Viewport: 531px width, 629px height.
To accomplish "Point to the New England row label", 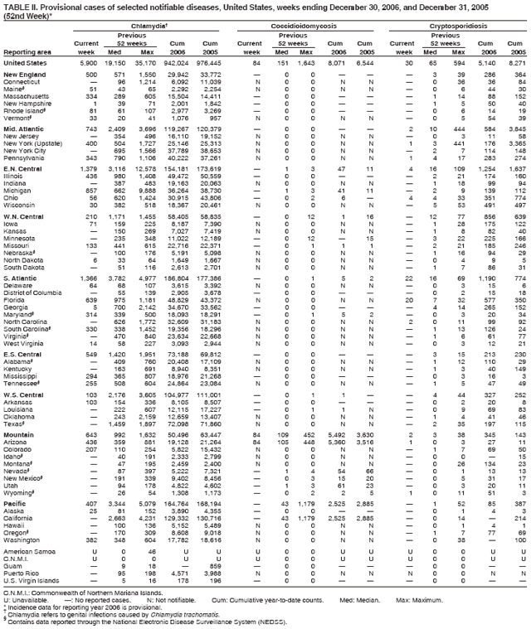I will tap(24, 75).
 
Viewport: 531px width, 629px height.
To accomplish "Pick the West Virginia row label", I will tap(24, 359).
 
